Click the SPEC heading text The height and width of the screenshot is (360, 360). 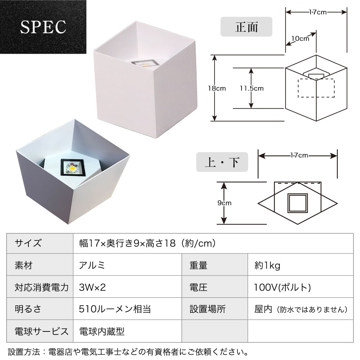pos(43,27)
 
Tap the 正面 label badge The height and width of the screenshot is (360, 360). pos(246,27)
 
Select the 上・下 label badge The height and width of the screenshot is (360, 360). pos(222,162)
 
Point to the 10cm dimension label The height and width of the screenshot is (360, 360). pos(300,39)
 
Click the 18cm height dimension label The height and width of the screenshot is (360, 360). pos(217,88)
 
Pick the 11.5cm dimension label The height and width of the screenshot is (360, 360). pos(252,88)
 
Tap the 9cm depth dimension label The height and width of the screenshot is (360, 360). pos(224,203)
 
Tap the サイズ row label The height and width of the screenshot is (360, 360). pos(28,243)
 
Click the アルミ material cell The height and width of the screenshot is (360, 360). pos(92,265)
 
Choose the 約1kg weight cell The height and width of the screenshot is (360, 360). pos(267,265)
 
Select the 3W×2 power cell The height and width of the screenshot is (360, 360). pos(92,287)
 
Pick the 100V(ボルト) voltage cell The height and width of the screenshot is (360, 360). pos(283,287)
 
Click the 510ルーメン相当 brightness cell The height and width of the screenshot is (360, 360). pos(115,309)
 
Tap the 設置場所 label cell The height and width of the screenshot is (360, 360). pos(208,309)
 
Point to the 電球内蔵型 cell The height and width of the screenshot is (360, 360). pos(102,331)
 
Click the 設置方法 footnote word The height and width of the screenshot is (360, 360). pos(24,352)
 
